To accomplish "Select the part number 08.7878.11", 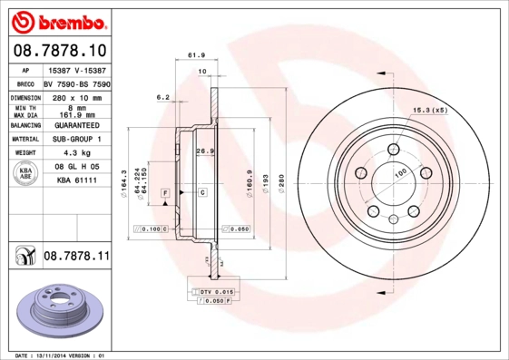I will click(76, 258).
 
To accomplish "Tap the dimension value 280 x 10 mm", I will click(76, 96).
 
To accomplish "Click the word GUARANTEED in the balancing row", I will click(76, 125).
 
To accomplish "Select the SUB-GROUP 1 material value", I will click(76, 140).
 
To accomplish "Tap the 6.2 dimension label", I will click(163, 96).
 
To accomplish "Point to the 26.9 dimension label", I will click(205, 151).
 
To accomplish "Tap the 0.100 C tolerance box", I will click(149, 229).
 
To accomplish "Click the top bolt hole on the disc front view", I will click(392, 150).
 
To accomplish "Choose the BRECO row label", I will click(26, 83).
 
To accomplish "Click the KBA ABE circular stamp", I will click(26, 174).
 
